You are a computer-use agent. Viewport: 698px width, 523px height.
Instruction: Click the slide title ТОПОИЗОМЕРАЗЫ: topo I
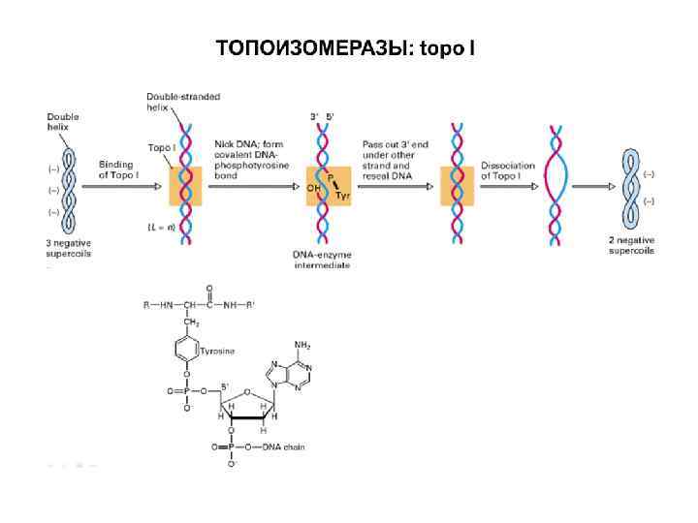345,46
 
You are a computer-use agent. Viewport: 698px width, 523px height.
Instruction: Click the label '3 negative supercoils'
68,247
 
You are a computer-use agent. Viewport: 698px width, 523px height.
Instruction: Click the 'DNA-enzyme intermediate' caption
321,259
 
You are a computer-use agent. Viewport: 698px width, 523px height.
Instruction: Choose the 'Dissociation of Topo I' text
508,171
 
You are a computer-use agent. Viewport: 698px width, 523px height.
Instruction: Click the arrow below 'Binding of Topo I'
116,186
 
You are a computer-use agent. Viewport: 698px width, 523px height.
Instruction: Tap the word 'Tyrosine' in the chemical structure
219,351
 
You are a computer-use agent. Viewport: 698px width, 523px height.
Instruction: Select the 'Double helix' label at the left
63,122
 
